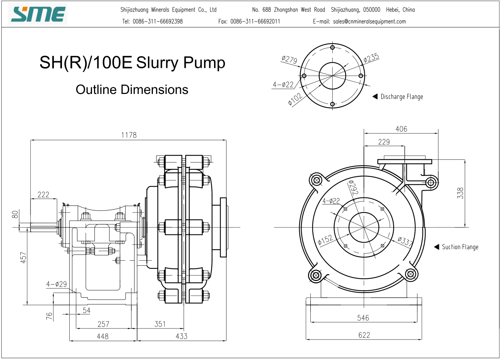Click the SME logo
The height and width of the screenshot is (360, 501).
point(38,14)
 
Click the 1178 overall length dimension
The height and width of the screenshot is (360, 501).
point(129,135)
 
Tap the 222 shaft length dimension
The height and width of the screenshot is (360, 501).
point(44,195)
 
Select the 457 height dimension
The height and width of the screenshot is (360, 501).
point(23,257)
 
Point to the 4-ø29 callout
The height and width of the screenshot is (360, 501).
point(57,284)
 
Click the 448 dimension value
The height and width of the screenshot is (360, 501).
point(103,336)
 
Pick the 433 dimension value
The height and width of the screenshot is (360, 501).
point(181,336)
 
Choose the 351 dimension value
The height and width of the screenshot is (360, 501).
point(160,324)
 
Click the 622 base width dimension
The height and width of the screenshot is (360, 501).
point(364,335)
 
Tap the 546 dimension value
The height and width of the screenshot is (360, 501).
point(363,318)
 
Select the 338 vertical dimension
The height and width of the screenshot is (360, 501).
point(460,193)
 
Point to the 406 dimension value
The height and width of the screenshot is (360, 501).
point(401,129)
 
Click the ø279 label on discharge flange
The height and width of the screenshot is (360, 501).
point(290,59)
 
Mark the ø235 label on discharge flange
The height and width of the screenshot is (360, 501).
point(371,58)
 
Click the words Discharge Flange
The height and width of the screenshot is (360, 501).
point(402,97)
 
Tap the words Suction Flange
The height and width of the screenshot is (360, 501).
point(460,247)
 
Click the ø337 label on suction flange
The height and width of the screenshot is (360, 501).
point(405,241)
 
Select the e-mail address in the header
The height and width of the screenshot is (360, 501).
point(369,22)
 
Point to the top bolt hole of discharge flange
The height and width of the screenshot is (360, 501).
point(332,47)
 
